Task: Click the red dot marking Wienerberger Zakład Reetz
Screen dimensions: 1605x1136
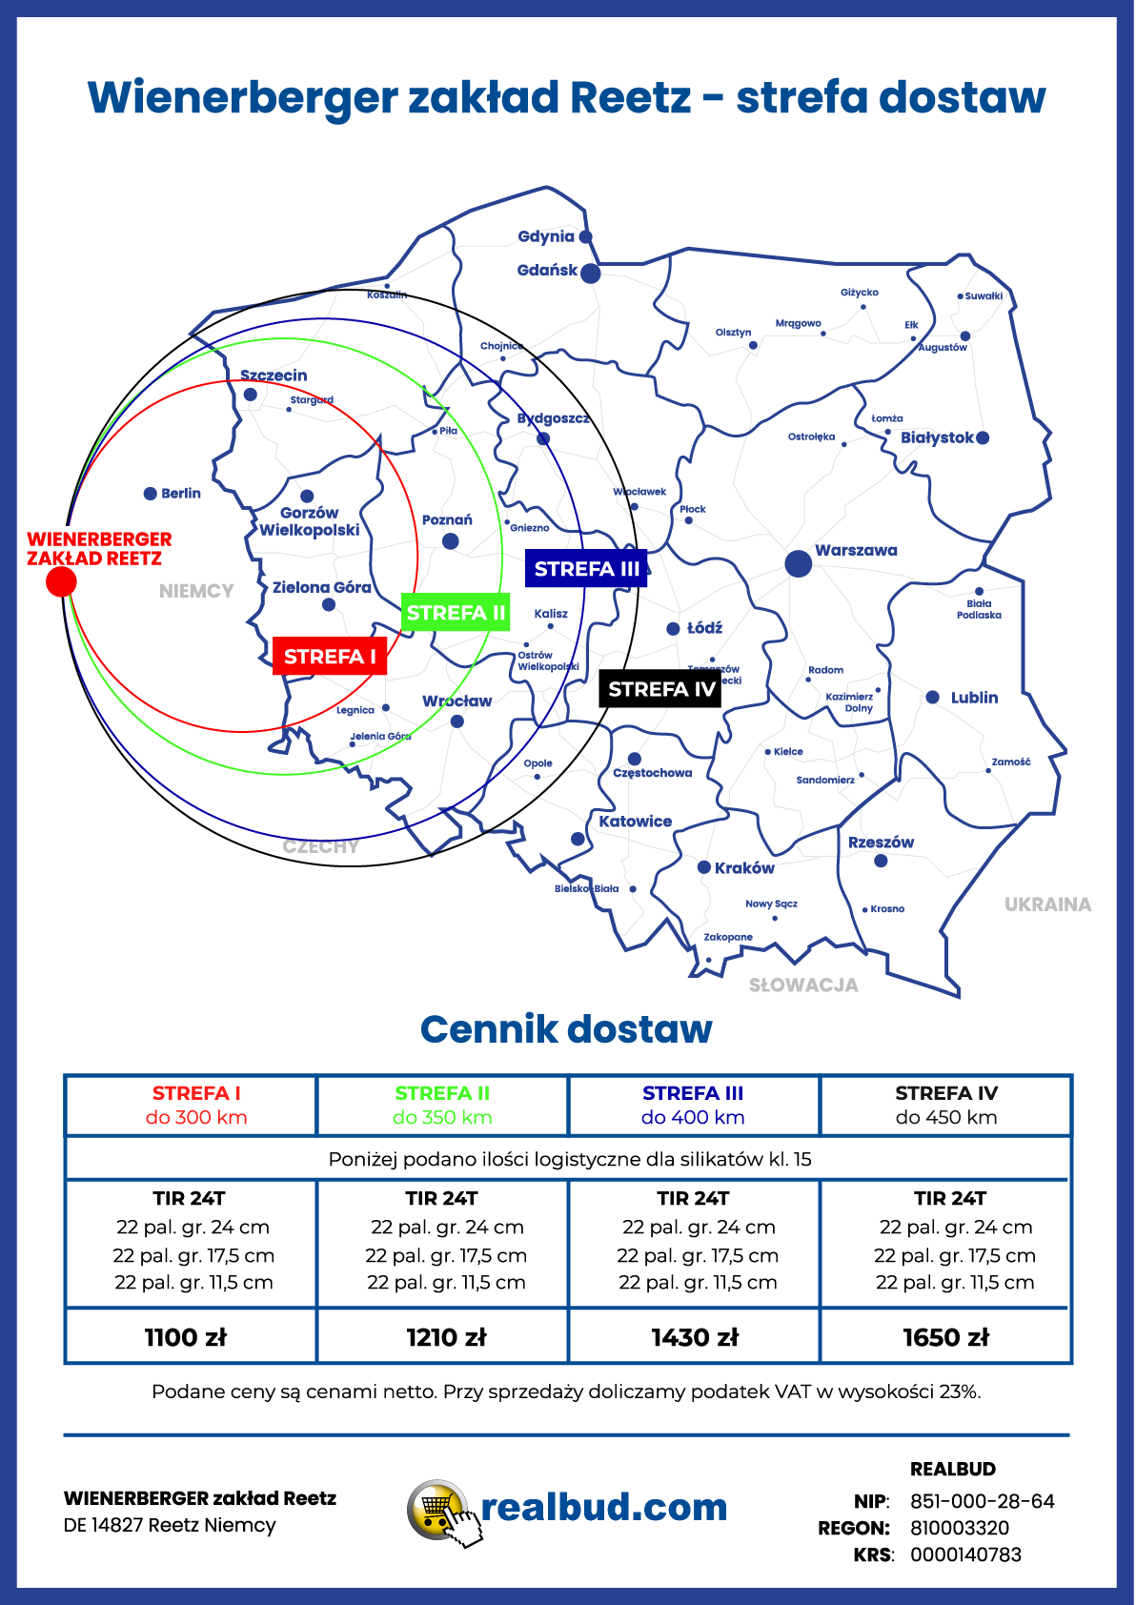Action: [61, 581]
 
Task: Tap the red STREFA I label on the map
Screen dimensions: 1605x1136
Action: [330, 657]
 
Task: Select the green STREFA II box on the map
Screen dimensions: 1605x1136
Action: [456, 613]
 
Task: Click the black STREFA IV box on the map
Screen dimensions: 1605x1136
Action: [660, 689]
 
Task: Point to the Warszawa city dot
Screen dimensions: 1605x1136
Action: [799, 563]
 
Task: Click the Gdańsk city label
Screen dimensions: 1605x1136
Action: [547, 271]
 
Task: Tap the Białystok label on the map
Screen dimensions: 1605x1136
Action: [937, 437]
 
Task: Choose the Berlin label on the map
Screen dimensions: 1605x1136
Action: [181, 494]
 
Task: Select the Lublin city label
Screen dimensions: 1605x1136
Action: [974, 698]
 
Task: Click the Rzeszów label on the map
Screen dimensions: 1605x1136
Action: [881, 843]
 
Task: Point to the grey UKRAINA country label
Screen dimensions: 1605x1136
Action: [1047, 904]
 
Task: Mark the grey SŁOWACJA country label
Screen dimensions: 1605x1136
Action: [803, 985]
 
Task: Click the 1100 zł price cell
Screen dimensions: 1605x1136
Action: [186, 1337]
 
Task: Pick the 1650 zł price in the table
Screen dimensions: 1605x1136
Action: [945, 1337]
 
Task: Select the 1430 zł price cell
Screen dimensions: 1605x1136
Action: [695, 1337]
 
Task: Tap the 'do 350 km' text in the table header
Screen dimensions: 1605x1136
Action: [442, 1117]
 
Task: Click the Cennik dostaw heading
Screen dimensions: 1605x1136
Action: [566, 1029]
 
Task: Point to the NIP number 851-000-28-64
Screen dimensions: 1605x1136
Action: [982, 1501]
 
